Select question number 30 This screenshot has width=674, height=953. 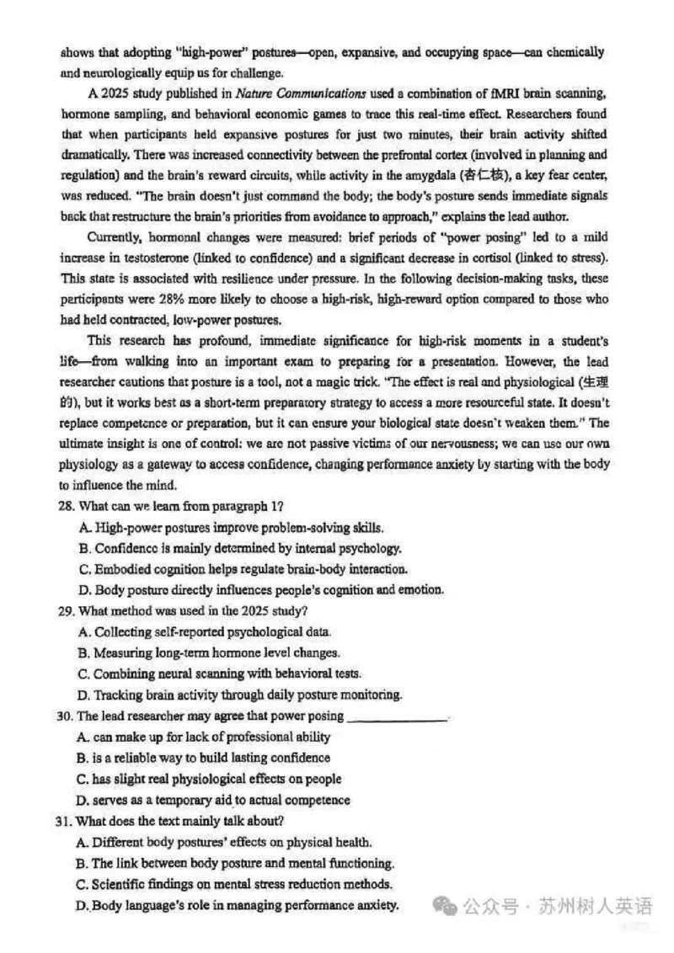(x=67, y=716)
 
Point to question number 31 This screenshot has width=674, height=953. (x=67, y=821)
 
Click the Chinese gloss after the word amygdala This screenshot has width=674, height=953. (x=481, y=175)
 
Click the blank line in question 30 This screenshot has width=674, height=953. (x=397, y=717)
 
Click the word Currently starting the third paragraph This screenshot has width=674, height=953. (x=115, y=237)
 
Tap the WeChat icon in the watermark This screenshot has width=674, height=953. (x=446, y=906)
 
